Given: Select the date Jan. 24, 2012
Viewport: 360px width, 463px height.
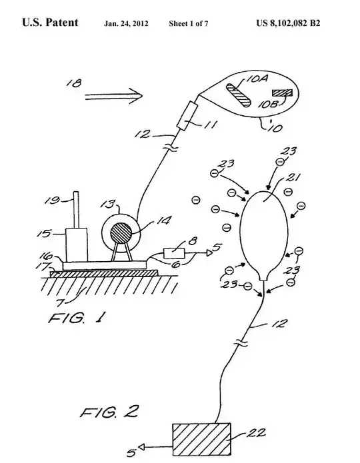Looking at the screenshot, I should pyautogui.click(x=126, y=24).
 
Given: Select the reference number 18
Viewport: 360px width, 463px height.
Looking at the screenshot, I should pyautogui.click(x=77, y=83).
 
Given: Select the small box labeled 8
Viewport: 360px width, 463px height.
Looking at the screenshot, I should pyautogui.click(x=175, y=252).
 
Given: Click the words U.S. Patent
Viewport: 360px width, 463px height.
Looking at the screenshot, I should pyautogui.click(x=49, y=23).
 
